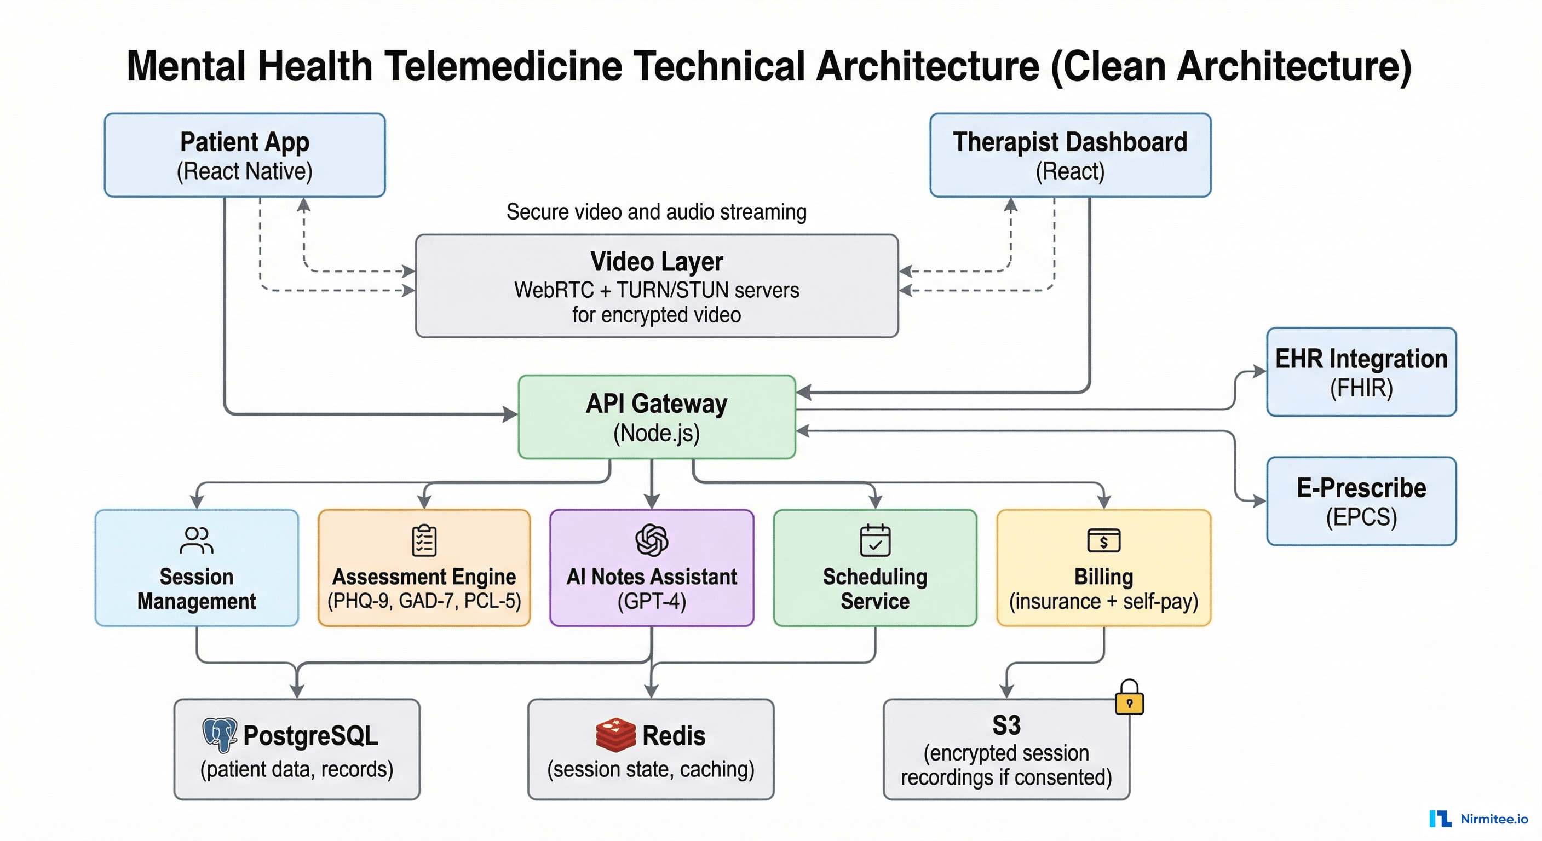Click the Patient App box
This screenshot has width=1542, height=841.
pos(244,155)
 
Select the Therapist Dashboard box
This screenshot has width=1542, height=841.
pos(1069,155)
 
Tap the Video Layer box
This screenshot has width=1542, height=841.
pos(657,286)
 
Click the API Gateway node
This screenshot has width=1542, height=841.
pos(657,417)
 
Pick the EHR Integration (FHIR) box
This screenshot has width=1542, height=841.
pos(1361,372)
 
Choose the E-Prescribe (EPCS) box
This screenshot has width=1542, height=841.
pos(1361,501)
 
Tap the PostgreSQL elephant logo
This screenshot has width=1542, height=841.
pos(220,734)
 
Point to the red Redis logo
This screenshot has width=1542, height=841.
pos(615,735)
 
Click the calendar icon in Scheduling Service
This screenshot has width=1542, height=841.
pos(874,540)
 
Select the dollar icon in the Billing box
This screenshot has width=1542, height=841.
pos(1103,541)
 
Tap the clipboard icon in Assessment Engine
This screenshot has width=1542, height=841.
pos(424,540)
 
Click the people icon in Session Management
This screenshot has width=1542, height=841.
pos(197,540)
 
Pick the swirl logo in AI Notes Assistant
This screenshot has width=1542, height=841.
pos(651,540)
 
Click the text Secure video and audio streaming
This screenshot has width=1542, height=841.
pos(656,212)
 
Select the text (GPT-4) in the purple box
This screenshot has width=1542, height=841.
pos(651,601)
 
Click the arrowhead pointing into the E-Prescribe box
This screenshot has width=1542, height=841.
pos(1260,501)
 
